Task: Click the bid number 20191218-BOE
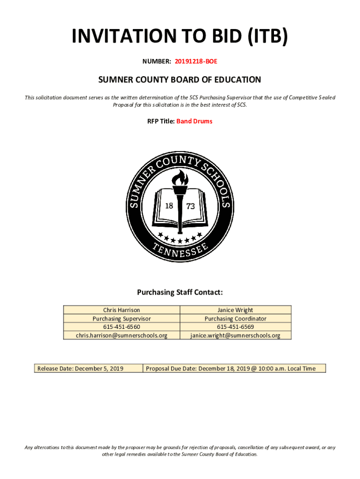click(x=196, y=61)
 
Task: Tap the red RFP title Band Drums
click(x=194, y=121)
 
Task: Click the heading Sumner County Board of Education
click(x=180, y=80)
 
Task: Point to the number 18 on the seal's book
click(x=169, y=206)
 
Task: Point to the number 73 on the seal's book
click(x=191, y=206)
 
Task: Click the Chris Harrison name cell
click(x=122, y=310)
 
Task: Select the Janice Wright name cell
click(x=235, y=310)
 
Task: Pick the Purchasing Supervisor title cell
click(x=122, y=319)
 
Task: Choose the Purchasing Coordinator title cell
click(x=235, y=319)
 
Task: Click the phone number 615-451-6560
click(x=122, y=327)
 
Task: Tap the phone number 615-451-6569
click(x=235, y=327)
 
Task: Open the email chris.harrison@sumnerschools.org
click(x=122, y=335)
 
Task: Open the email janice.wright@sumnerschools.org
click(x=235, y=335)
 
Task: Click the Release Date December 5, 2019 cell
click(x=80, y=369)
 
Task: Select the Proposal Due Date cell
click(x=230, y=369)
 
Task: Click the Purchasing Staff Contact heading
click(x=180, y=293)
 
